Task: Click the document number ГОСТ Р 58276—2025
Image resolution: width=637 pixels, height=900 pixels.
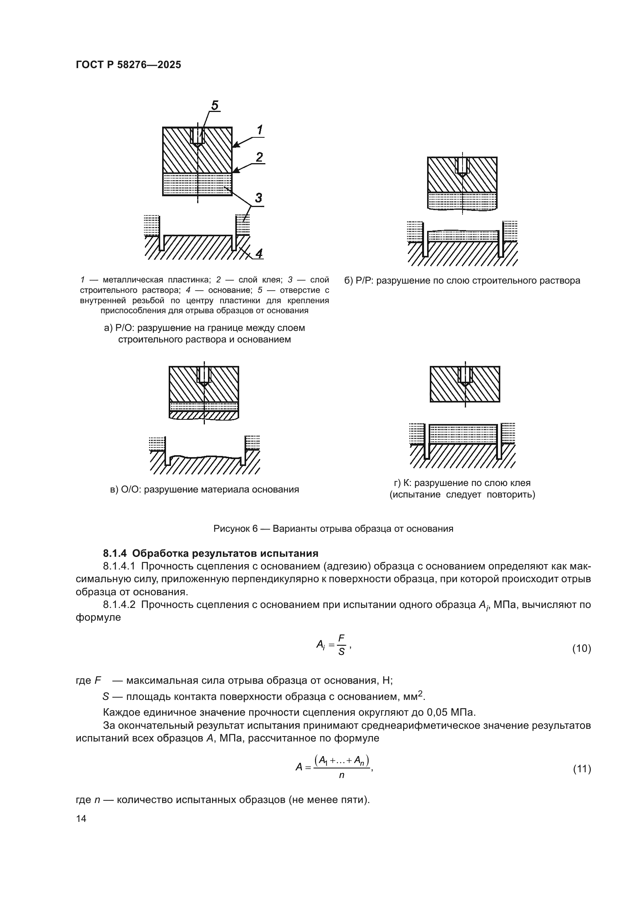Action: (x=128, y=65)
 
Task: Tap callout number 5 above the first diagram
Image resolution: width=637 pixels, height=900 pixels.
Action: (x=215, y=105)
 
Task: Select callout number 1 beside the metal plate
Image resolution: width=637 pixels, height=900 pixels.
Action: (x=260, y=129)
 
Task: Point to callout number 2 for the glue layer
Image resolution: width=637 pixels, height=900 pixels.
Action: (x=259, y=157)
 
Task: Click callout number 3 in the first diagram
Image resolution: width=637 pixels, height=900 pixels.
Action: (x=258, y=197)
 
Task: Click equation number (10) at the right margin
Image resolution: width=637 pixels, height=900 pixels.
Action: (x=581, y=648)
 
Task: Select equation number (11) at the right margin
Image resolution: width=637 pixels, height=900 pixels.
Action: (x=582, y=769)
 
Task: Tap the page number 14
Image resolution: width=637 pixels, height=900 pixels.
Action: (x=81, y=818)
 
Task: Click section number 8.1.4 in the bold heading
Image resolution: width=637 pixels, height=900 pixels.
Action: (x=115, y=553)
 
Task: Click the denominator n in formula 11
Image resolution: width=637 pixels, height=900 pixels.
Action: (x=341, y=775)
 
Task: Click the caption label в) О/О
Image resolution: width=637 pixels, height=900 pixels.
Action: (x=126, y=489)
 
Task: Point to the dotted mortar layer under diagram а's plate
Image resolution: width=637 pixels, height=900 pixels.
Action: (x=197, y=184)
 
